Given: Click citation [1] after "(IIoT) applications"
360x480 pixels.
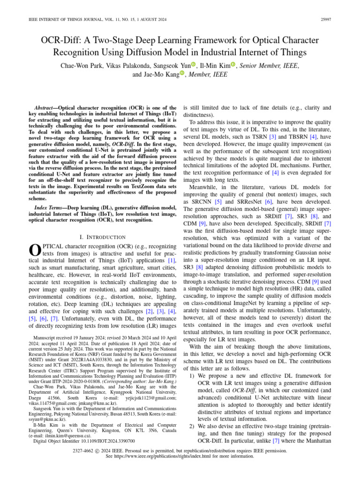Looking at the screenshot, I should pos(172,260).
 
